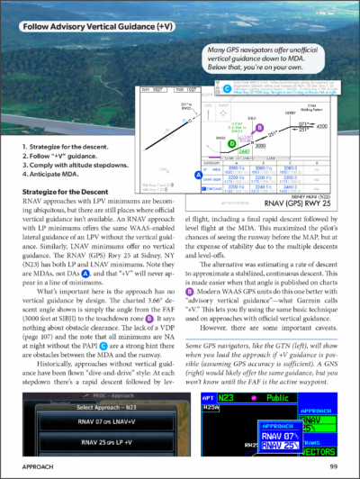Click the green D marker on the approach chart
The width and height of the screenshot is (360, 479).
coord(232,142)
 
